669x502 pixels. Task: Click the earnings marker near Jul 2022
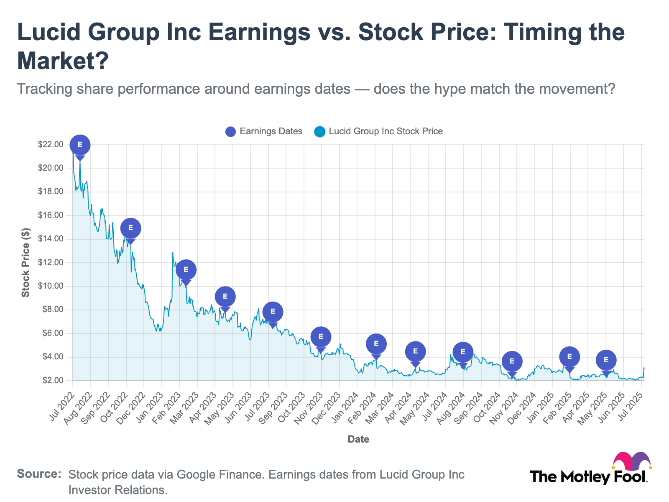[x=80, y=145]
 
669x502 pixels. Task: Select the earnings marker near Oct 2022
[x=130, y=228]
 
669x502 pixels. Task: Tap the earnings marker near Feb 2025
[x=569, y=357]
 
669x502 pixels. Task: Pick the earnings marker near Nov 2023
[x=321, y=337]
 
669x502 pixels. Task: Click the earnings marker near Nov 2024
[x=512, y=361]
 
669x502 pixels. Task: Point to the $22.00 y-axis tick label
[x=50, y=145]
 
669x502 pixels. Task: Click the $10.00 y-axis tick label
[x=50, y=286]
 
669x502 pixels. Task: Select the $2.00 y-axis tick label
[x=52, y=381]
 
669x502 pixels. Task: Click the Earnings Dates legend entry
[x=264, y=131]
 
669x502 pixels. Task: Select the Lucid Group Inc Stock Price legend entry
[x=378, y=131]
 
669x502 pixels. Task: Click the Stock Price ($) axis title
[x=26, y=263]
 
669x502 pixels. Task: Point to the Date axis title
[x=358, y=439]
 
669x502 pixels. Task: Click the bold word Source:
[x=39, y=474]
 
